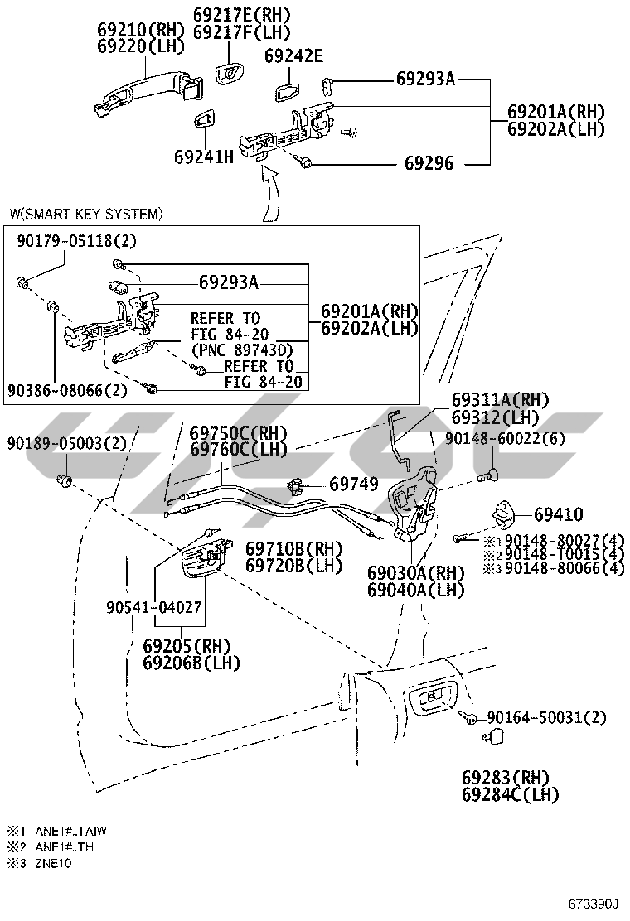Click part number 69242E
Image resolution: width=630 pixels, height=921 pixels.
click(293, 55)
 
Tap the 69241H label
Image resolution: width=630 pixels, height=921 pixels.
click(204, 157)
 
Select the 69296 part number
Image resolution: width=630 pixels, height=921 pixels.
click(429, 163)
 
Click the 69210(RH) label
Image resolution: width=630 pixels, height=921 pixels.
click(141, 29)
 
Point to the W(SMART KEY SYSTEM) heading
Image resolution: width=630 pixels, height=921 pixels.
click(86, 214)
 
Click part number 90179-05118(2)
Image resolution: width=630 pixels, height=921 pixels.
click(76, 241)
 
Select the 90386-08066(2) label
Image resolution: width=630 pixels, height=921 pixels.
click(68, 390)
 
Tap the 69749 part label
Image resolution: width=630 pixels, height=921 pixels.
click(354, 484)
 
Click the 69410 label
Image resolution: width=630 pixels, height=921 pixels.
click(559, 514)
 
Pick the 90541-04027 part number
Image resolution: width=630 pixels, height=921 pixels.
click(154, 607)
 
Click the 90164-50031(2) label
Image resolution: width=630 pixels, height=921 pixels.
click(546, 717)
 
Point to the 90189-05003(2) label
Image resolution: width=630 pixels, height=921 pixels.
click(67, 443)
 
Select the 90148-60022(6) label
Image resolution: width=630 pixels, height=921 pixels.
click(505, 439)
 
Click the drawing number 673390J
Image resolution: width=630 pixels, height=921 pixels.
click(594, 903)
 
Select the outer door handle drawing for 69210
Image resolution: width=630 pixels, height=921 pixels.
click(148, 94)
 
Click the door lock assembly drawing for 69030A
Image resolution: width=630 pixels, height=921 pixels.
click(414, 503)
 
